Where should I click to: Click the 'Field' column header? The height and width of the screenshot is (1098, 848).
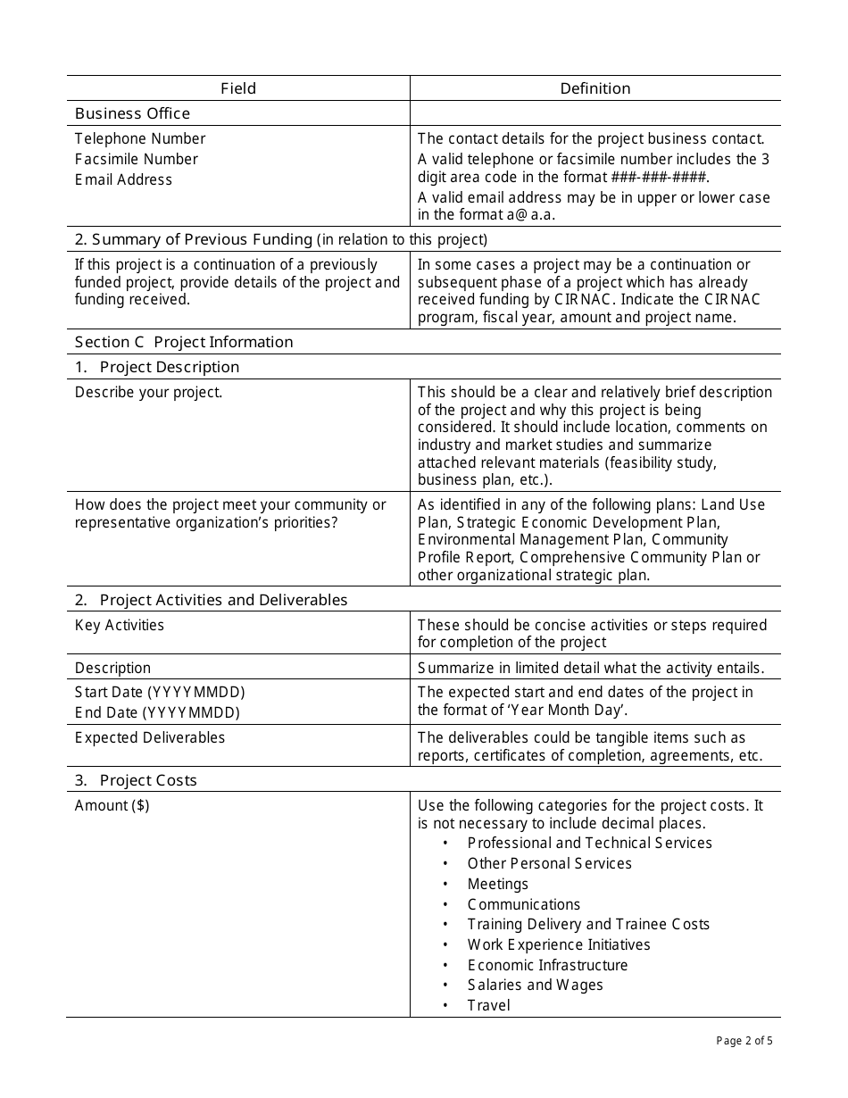pos(238,88)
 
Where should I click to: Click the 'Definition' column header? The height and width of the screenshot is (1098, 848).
pos(595,88)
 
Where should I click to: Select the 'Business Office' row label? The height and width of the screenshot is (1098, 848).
pos(132,113)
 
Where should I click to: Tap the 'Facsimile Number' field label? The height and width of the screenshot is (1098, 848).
pos(137,159)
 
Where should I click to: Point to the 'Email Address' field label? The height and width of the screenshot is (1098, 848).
pos(123,179)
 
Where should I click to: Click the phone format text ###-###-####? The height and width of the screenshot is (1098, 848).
pos(660,177)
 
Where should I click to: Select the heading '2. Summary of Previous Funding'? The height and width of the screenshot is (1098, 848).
pos(202,239)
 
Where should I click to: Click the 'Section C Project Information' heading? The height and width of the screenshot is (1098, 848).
pos(184,342)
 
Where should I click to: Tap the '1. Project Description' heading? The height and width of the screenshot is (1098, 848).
pos(157,367)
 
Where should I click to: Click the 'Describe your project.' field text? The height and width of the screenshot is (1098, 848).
pos(148,392)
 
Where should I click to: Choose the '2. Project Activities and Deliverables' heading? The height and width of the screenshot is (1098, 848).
pos(211,600)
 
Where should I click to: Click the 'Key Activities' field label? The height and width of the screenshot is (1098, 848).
pos(120,625)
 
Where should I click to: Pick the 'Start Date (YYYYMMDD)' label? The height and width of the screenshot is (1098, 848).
pos(160,692)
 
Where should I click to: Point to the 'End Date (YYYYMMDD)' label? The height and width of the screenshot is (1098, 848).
pos(157,712)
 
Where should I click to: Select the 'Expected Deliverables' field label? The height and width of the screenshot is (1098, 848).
pos(150,737)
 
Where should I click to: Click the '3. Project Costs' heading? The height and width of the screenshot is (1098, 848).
pos(136,780)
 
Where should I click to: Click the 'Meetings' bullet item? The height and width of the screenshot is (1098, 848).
pos(497,884)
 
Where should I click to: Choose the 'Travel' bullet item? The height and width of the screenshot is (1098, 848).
pos(488,1005)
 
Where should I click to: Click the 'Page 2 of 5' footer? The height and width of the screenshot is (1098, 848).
pos(744,1040)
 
